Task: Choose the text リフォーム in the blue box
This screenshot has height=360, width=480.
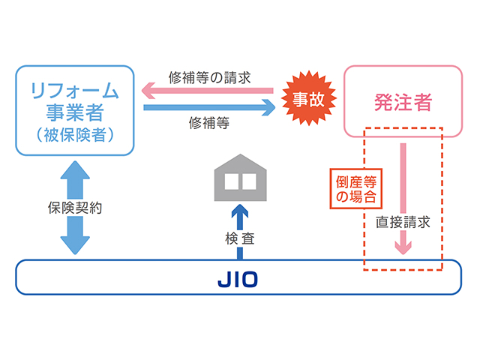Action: click(x=74, y=91)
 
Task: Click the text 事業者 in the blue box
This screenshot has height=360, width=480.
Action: click(x=74, y=114)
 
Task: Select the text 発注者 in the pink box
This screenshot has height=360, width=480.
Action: click(x=402, y=102)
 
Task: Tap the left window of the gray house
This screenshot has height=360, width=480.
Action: click(x=230, y=181)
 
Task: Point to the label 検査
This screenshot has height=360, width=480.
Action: click(x=239, y=239)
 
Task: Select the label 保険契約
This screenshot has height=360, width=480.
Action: click(x=74, y=207)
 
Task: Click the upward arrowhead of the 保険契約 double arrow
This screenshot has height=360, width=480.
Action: click(x=74, y=169)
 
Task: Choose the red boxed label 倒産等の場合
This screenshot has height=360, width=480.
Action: click(x=352, y=190)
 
